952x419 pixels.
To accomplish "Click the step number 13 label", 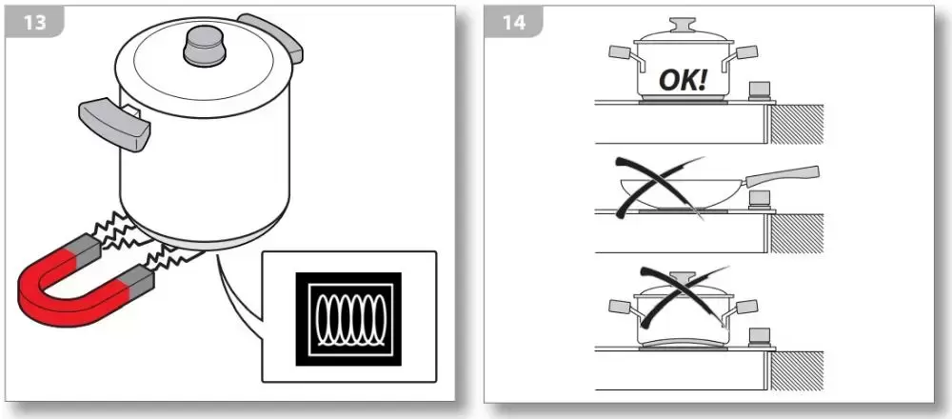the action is point(34,23).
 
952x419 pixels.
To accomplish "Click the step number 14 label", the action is point(514,23).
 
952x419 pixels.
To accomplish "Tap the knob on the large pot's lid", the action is point(205,46).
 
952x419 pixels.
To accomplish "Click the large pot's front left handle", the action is point(114,125).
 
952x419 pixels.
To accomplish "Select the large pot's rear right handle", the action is point(270,36).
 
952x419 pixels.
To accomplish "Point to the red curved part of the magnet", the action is point(67,290).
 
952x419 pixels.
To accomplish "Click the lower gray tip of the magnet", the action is point(137,278).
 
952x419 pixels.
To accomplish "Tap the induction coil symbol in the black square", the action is point(347,318).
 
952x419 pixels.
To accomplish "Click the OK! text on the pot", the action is point(683,80).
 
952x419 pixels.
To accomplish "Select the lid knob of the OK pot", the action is point(683,26).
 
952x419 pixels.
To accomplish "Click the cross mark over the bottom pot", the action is point(684,296).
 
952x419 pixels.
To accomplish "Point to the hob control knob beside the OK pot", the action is point(760,92).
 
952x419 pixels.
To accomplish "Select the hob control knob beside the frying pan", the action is point(760,200).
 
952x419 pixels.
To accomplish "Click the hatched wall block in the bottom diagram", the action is point(797,371).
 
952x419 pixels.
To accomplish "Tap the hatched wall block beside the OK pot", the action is point(797,124).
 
